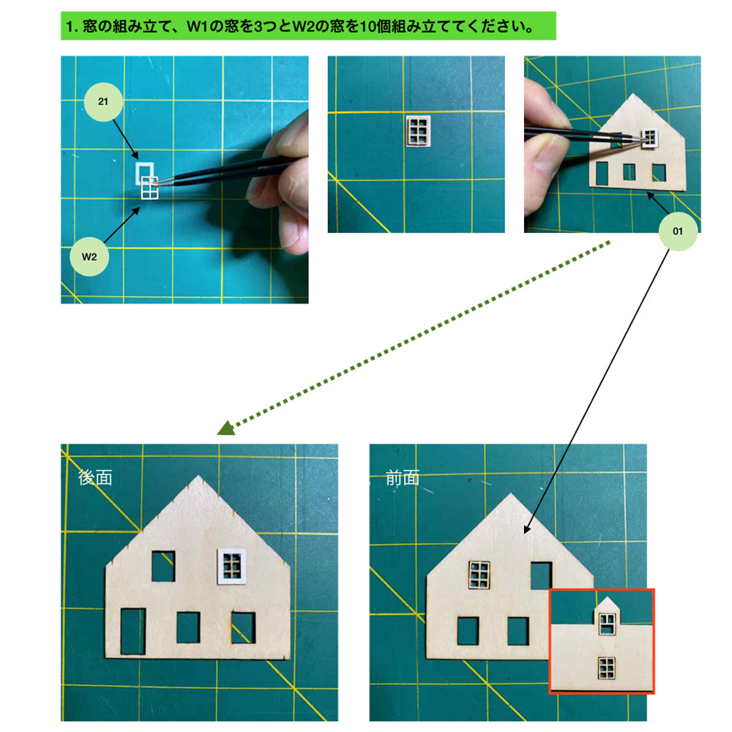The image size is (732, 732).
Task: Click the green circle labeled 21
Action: [103, 102]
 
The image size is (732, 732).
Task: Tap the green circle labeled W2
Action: [89, 257]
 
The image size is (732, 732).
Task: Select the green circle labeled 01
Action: [678, 231]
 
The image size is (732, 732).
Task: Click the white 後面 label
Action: [95, 477]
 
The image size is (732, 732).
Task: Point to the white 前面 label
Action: [403, 478]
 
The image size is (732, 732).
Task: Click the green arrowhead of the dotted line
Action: [227, 427]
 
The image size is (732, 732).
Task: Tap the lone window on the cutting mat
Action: [418, 131]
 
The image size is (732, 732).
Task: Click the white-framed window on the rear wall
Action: [231, 566]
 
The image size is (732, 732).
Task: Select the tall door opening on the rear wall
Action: [133, 631]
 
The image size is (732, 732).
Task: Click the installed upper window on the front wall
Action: [479, 575]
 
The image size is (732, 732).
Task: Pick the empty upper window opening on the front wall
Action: [541, 575]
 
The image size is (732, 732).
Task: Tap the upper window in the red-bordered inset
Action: [607, 623]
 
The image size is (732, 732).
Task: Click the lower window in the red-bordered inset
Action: [606, 668]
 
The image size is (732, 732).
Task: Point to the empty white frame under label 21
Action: [144, 172]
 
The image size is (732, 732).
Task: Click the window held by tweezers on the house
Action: [650, 138]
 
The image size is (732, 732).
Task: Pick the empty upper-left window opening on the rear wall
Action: [163, 566]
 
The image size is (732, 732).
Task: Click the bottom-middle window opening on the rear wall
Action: [188, 627]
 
